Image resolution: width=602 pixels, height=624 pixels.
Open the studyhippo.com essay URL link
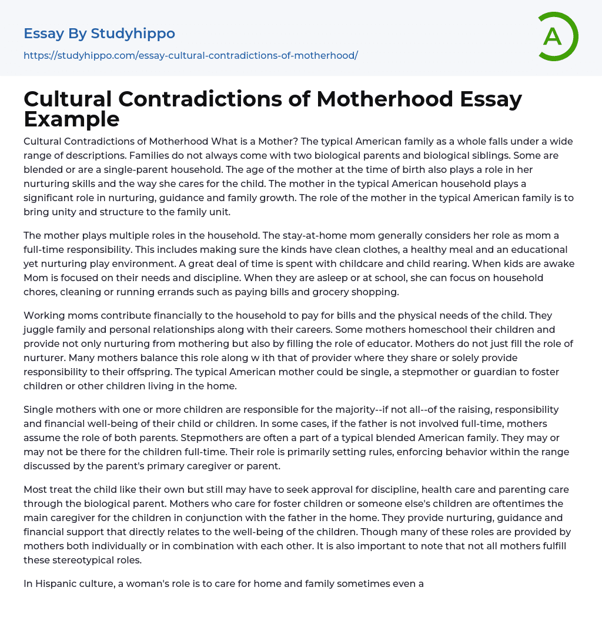coord(190,55)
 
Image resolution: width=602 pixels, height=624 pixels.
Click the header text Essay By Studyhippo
coord(99,34)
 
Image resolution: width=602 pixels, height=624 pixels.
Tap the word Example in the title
coord(72,119)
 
